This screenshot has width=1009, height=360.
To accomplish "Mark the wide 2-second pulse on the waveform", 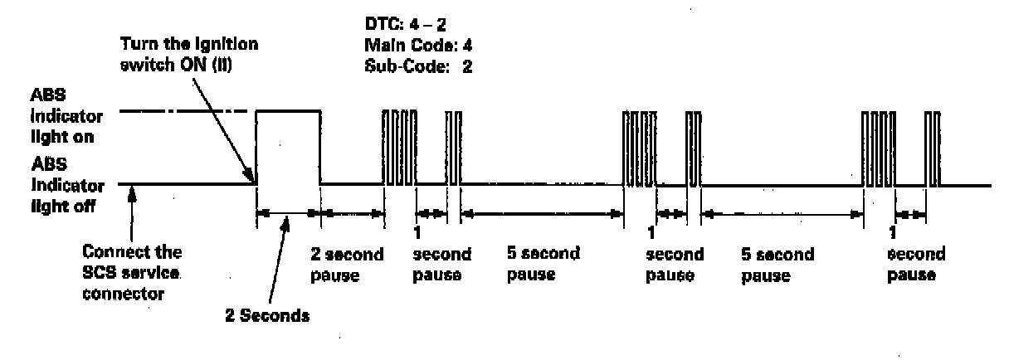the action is tap(288, 147).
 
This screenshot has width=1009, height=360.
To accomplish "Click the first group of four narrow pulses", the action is tap(395, 147).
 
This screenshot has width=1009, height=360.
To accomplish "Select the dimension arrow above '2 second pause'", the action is tap(353, 213).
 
